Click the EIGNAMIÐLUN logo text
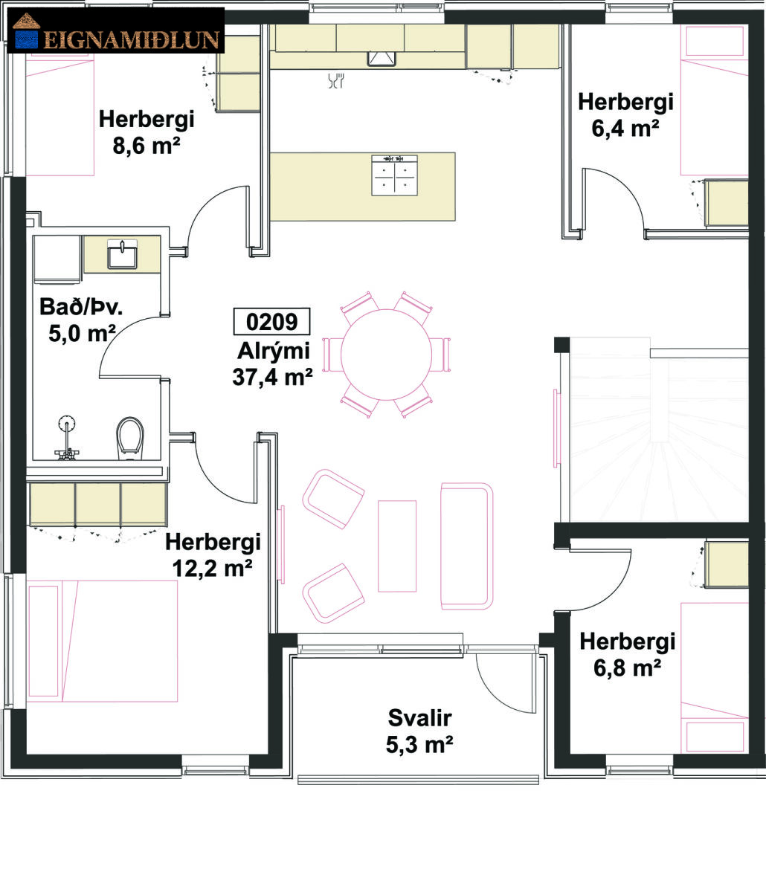tap(132, 39)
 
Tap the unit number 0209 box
tap(271, 322)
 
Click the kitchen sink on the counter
tap(382, 59)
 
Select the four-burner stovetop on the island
tap(394, 175)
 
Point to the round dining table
tap(386, 355)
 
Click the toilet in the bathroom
tap(130, 438)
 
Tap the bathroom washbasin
tap(122, 255)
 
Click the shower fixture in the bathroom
tap(67, 437)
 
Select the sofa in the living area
tap(467, 546)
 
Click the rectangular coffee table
tap(397, 546)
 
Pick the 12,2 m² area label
tap(213, 569)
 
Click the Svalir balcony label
tap(419, 718)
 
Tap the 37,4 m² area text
tap(272, 377)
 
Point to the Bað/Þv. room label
tap(81, 307)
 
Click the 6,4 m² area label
tap(625, 128)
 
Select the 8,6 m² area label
tap(147, 146)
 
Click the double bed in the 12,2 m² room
tap(103, 641)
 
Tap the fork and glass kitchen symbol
tap(336, 81)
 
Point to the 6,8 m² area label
tap(627, 668)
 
